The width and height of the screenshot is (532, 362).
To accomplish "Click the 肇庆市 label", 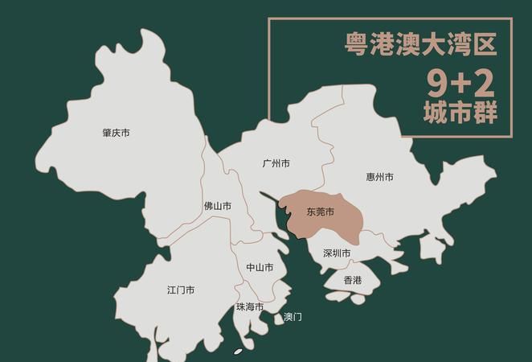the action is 116,133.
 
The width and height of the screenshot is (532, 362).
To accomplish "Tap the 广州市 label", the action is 276,163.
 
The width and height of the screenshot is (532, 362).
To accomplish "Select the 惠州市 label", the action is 379,177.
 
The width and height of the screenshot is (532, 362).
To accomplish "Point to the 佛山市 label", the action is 217,207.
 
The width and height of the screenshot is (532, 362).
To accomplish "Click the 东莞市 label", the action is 320,212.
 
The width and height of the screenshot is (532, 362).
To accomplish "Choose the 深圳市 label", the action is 337,253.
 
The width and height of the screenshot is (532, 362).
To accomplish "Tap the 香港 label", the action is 352,280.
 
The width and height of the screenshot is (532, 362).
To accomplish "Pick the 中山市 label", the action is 260,267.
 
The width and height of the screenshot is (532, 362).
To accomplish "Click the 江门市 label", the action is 180,290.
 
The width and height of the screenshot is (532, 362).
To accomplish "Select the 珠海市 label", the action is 250,306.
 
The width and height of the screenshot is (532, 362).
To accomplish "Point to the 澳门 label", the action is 293,317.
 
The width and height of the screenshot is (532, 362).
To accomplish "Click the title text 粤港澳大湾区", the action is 420,43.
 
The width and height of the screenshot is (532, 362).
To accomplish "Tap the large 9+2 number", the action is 460,81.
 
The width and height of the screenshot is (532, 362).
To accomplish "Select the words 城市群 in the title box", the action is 460,112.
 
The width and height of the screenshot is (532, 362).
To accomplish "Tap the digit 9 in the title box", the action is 437,81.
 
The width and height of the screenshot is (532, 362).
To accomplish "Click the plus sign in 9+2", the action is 460,82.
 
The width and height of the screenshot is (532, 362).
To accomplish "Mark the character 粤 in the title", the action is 357,43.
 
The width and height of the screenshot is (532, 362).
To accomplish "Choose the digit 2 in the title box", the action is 485,81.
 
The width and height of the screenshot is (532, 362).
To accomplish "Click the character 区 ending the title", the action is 484,43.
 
